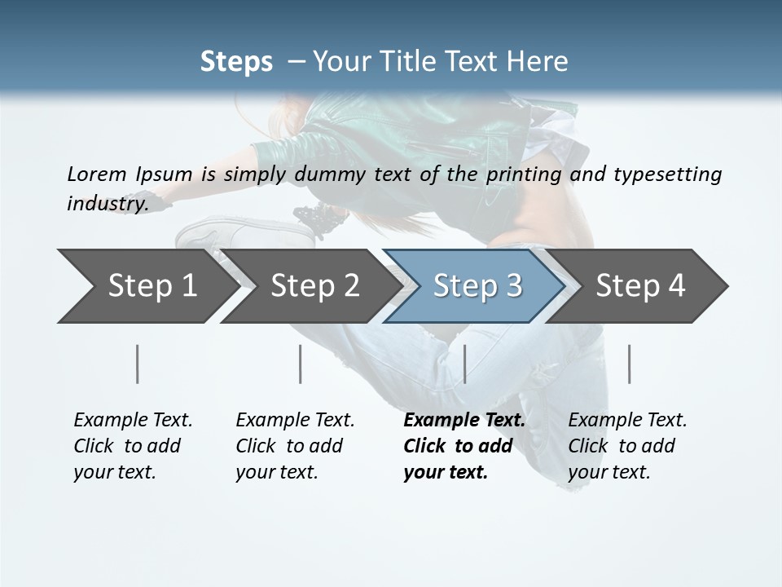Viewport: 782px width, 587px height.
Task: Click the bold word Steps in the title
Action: point(236,62)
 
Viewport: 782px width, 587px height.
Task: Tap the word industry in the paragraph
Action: point(107,203)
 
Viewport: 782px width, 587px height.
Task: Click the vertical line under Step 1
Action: point(138,364)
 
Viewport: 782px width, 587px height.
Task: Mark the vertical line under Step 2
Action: point(301,364)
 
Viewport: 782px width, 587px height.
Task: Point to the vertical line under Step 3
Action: point(464,364)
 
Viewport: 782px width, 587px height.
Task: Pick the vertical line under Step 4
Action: point(629,364)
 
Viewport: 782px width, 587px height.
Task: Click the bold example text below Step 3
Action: point(463,446)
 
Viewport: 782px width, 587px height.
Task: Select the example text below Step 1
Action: point(133,446)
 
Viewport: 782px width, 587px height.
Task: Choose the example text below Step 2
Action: point(295,446)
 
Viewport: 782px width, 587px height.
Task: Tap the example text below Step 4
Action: point(627,446)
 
